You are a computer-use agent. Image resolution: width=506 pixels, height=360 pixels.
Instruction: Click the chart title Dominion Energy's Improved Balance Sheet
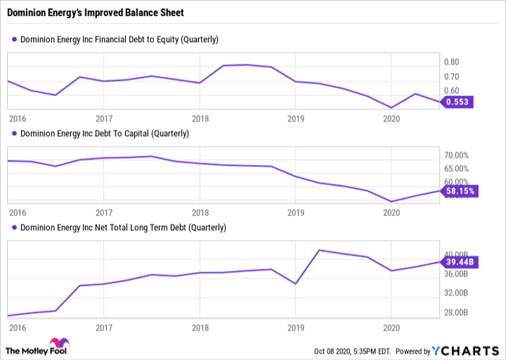tap(95, 12)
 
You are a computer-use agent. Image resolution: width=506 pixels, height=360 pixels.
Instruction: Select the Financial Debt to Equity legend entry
tap(115, 39)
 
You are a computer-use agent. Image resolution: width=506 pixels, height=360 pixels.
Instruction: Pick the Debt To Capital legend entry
tap(100, 134)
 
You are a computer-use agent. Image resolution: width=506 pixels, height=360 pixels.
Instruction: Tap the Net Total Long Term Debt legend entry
tap(119, 228)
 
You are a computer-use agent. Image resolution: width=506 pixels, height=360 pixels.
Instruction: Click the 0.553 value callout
tap(457, 102)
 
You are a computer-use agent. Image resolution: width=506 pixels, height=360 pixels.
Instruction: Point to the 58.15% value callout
tap(459, 191)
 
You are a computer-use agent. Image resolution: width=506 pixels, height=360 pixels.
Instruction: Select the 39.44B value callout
tap(459, 262)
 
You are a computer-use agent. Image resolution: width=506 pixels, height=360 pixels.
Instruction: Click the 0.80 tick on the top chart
tap(452, 62)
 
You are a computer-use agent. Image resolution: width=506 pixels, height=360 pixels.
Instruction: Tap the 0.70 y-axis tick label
tap(452, 77)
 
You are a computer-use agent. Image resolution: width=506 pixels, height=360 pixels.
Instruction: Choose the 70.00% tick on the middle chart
tap(456, 155)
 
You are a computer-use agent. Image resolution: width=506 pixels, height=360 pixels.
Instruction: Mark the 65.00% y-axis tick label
tap(456, 168)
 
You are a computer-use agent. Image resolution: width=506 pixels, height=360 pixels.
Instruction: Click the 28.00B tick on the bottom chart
tap(456, 312)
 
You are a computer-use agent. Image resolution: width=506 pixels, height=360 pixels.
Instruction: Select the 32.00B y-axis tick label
tap(456, 293)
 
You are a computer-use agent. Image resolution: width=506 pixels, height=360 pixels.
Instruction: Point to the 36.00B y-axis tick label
tap(456, 274)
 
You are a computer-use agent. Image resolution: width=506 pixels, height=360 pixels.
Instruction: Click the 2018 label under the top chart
tap(200, 119)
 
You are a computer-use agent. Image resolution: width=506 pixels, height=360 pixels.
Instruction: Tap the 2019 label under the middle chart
tap(296, 213)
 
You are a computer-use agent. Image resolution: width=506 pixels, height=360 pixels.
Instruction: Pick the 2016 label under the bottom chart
tap(17, 328)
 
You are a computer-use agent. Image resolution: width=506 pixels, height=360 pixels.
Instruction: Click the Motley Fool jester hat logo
tap(59, 343)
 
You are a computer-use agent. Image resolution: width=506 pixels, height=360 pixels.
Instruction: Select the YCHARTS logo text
tap(466, 351)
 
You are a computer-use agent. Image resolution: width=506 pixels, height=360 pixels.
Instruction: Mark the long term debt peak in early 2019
tap(320, 250)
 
